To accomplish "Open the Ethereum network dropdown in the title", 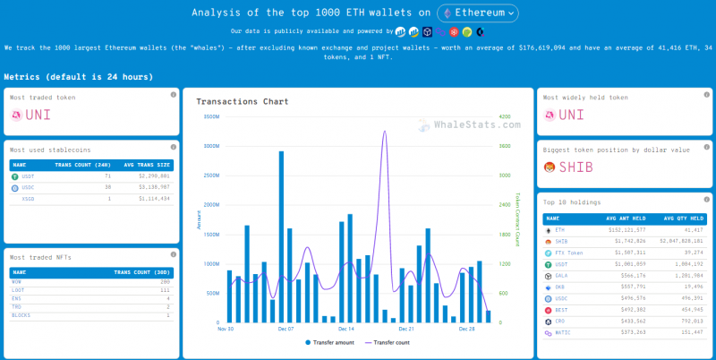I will pyautogui.click(x=478, y=13).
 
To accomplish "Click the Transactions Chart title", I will pyautogui.click(x=242, y=101).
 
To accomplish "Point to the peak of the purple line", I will pyautogui.click(x=385, y=132).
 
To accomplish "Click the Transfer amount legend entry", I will pyautogui.click(x=333, y=343).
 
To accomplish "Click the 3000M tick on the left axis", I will pyautogui.click(x=211, y=145).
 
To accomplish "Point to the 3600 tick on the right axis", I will pyautogui.click(x=505, y=145).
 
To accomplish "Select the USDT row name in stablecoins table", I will pyautogui.click(x=29, y=176).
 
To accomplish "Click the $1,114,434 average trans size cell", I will pyautogui.click(x=153, y=198).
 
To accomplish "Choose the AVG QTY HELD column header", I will pyautogui.click(x=685, y=218).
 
